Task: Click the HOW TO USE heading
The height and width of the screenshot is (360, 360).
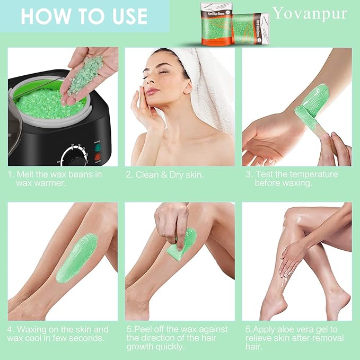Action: click(x=83, y=16)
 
